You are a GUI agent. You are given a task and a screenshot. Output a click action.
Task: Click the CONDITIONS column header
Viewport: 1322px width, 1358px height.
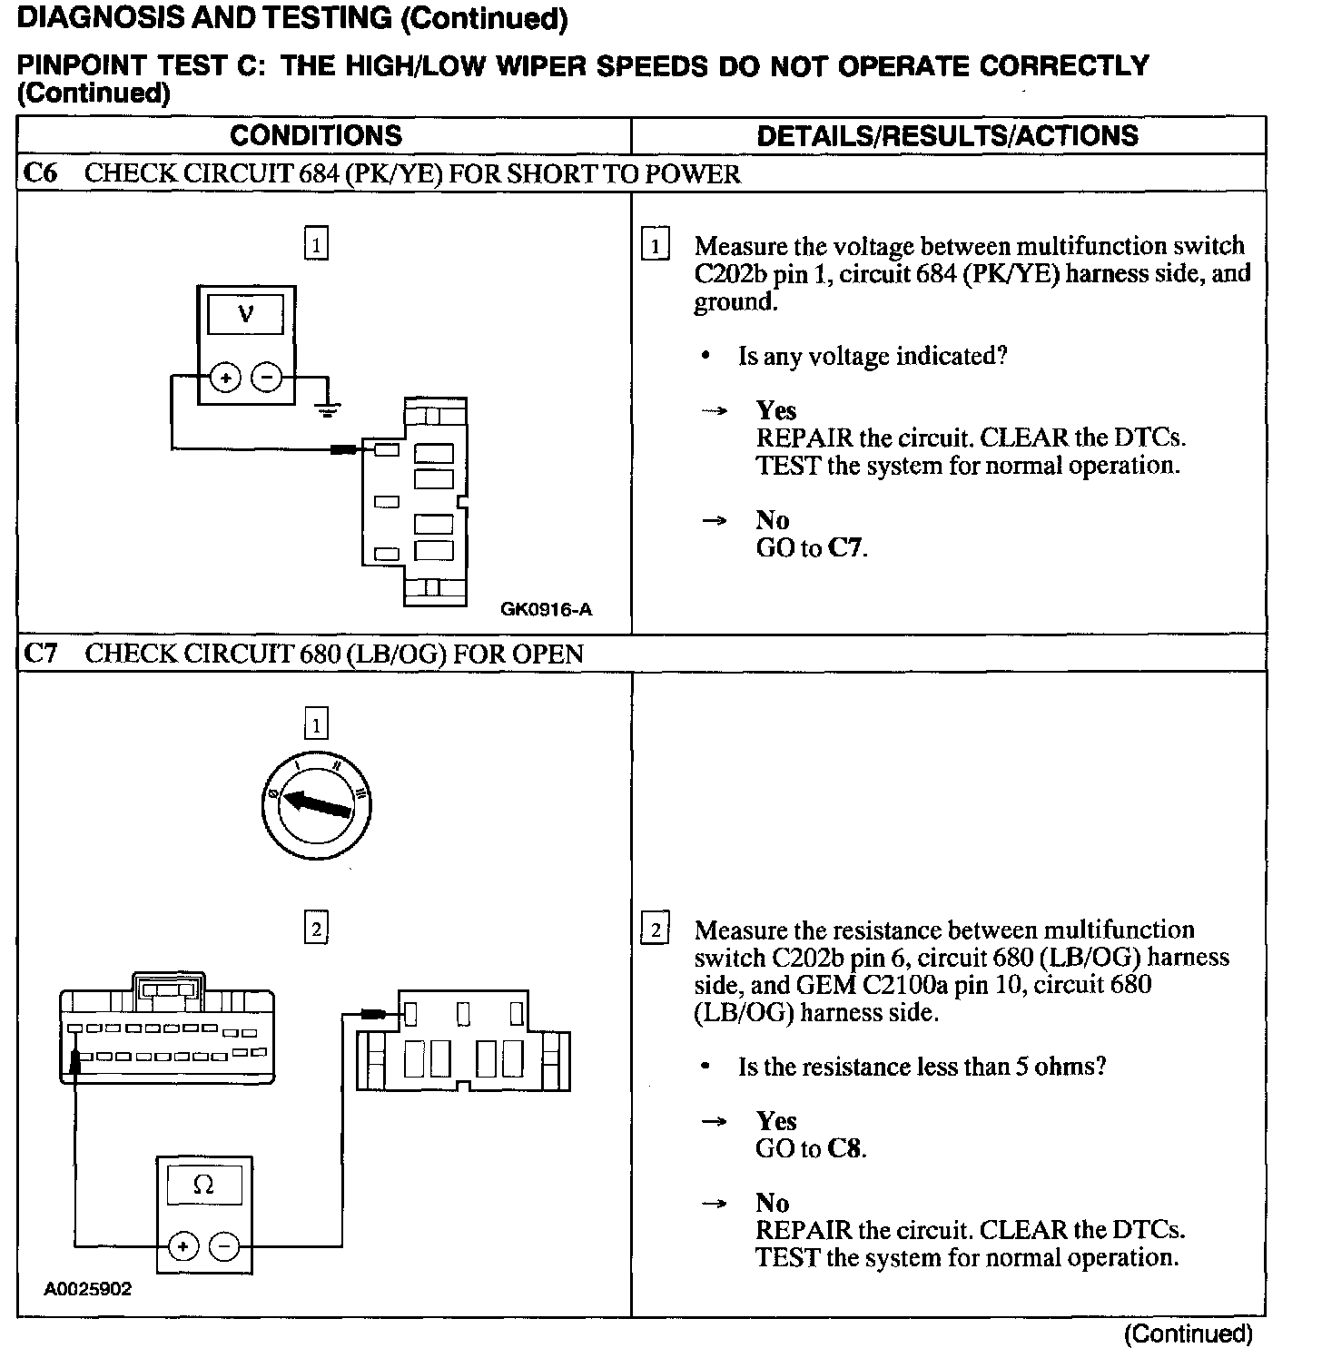(x=315, y=135)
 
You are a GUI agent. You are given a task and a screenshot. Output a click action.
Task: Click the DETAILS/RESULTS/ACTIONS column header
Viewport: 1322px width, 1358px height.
(x=947, y=135)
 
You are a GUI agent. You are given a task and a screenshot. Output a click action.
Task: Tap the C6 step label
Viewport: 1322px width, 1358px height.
(x=39, y=173)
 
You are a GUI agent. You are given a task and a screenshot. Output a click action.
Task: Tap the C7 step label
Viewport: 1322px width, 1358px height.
(x=39, y=654)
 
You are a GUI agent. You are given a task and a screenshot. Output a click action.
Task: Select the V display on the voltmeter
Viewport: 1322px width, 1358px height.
(x=246, y=315)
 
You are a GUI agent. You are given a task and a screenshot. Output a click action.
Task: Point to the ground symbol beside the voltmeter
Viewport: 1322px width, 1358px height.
(x=329, y=408)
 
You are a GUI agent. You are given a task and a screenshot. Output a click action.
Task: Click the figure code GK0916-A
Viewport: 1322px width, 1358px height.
(x=546, y=609)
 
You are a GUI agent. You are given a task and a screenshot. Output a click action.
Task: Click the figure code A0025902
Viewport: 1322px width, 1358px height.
(x=88, y=1289)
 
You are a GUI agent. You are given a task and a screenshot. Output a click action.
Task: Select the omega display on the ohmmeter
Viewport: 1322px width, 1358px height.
(x=204, y=1186)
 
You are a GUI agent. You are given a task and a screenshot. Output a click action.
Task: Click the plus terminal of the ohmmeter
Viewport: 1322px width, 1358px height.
(x=183, y=1247)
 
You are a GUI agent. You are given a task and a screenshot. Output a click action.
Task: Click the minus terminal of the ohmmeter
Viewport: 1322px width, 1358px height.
(x=225, y=1247)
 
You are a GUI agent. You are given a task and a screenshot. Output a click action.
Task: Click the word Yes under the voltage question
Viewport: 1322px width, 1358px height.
(x=775, y=410)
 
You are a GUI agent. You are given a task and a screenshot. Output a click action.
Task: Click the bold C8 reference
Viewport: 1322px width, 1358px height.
(x=844, y=1148)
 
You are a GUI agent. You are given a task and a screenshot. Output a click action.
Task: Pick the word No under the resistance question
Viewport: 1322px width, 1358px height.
(x=773, y=1204)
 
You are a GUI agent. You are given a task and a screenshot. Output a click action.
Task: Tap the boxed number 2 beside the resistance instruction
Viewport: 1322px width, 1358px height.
(x=655, y=930)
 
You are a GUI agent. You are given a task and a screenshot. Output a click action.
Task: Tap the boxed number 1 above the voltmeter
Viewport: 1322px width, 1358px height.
(x=316, y=244)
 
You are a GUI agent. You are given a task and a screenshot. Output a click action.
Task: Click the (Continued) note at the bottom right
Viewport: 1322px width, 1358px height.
(x=1189, y=1333)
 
